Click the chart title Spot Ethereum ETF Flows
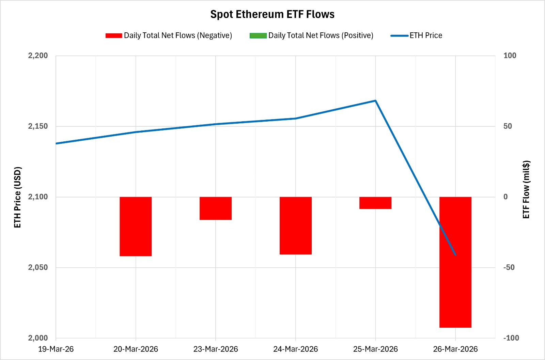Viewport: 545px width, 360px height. pyautogui.click(x=272, y=14)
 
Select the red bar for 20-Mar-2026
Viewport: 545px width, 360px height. pyautogui.click(x=136, y=226)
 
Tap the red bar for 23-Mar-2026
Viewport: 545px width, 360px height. pyautogui.click(x=216, y=208)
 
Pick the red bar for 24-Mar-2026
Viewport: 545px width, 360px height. pyautogui.click(x=296, y=225)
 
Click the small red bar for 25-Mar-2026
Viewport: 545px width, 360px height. pyautogui.click(x=375, y=203)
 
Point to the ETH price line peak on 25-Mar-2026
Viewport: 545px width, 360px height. pyautogui.click(x=375, y=101)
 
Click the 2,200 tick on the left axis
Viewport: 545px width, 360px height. pyautogui.click(x=38, y=56)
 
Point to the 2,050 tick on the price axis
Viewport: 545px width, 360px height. pyautogui.click(x=38, y=267)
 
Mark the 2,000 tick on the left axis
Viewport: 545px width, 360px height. pyautogui.click(x=38, y=338)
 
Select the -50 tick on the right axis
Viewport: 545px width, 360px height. pyautogui.click(x=509, y=267)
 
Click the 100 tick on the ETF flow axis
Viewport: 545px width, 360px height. pyautogui.click(x=510, y=56)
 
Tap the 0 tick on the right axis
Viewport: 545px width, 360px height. pyautogui.click(x=505, y=197)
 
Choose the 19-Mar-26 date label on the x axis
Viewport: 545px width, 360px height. pyautogui.click(x=56, y=349)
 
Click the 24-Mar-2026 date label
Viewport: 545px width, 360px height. pyautogui.click(x=296, y=349)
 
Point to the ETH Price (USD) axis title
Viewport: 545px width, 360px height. pyautogui.click(x=18, y=197)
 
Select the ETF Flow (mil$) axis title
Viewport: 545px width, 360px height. pyautogui.click(x=526, y=189)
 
